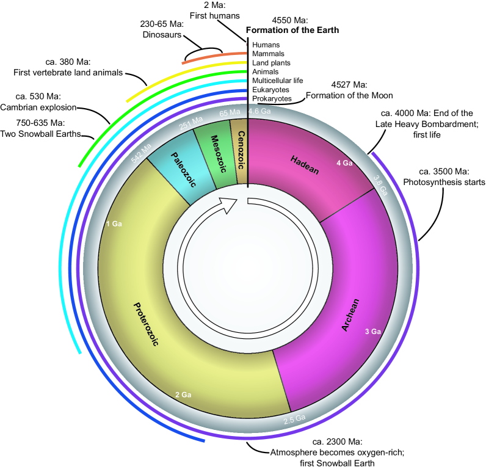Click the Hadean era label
point(304,161)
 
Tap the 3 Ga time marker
point(372,331)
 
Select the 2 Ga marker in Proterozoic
point(183,395)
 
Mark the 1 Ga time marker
point(114,224)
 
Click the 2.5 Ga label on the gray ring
point(294,418)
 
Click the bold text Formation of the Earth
point(292,29)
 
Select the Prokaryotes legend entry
point(272,98)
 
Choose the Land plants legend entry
point(271,63)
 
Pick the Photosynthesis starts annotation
point(444,182)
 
